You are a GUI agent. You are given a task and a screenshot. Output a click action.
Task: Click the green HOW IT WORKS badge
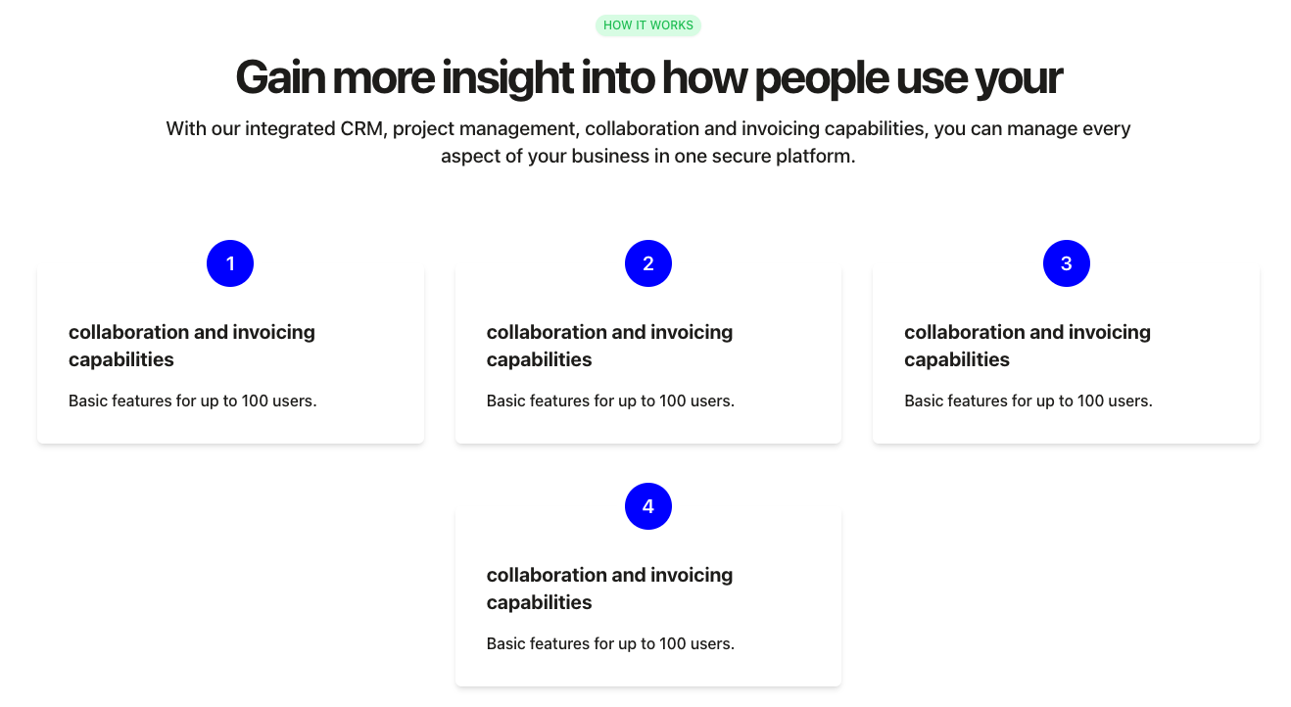coord(647,25)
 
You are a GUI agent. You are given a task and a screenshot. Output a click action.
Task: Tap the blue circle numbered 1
coord(230,263)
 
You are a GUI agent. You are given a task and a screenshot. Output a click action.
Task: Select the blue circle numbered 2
coord(647,263)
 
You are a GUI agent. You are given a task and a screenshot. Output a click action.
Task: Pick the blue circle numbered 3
coord(1067,263)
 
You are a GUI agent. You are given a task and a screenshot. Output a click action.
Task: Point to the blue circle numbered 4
coord(647,506)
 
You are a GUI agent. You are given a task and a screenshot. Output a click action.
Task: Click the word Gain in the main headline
coord(280,77)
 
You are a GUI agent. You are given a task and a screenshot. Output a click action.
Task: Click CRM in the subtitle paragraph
coord(361,128)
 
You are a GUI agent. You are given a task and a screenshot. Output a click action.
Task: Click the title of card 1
coord(192,346)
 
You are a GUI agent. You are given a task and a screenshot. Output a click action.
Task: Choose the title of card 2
coord(610,346)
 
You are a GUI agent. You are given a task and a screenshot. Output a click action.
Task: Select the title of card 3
coord(1028,346)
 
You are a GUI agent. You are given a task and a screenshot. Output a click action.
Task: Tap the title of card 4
coord(610,589)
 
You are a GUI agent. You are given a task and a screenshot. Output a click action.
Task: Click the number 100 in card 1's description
coord(254,401)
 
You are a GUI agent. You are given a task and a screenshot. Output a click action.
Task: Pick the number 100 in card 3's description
coord(1090,401)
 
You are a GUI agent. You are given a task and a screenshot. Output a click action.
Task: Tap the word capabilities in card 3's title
coord(957,360)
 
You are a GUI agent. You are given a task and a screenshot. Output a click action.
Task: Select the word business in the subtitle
coord(610,156)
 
